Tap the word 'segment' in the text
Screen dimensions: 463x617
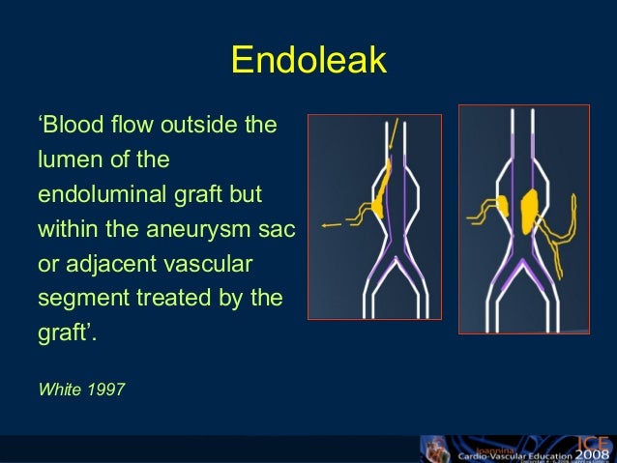(x=76, y=298)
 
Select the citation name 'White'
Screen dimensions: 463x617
(x=57, y=391)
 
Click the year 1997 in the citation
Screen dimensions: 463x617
(x=104, y=391)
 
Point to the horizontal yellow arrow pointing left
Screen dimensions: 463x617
(x=332, y=224)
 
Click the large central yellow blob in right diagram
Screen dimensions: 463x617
(x=529, y=211)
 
